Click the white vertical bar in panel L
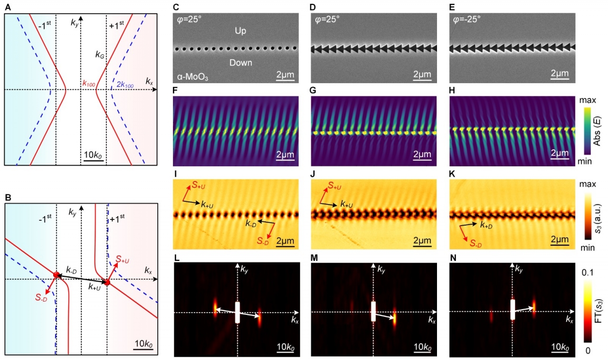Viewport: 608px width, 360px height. point(237,313)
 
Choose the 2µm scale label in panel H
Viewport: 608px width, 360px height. point(560,154)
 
